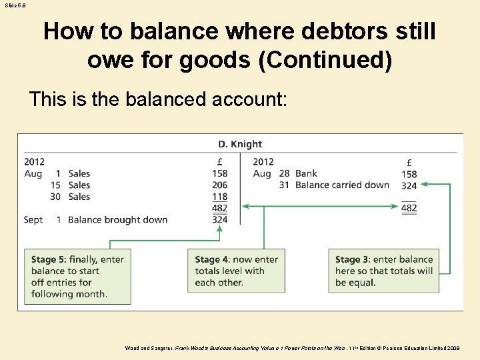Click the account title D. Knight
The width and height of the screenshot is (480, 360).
pos(240,144)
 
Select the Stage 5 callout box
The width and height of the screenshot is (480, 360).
pos(77,277)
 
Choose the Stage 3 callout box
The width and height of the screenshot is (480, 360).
pos(383,271)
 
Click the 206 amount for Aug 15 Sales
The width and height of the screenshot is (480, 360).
pos(219,185)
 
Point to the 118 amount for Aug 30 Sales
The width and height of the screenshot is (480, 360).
pos(219,197)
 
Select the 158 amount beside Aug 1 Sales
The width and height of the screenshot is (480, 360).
pos(219,174)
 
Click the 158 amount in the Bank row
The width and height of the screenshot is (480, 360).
pos(409,175)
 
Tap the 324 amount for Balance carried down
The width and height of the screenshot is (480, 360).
pos(409,185)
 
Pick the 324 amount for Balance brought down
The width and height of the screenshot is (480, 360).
pos(219,219)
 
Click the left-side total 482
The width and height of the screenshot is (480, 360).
pos(219,209)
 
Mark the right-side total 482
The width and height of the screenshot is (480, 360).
pos(409,208)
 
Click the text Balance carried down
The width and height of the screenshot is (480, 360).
pos(342,185)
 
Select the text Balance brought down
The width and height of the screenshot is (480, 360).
pos(118,220)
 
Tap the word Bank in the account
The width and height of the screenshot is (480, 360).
pos(306,174)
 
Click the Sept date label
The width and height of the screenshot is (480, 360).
pos(33,220)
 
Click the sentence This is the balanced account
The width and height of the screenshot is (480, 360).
pos(158,99)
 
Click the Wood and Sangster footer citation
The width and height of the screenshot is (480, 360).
pos(292,348)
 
